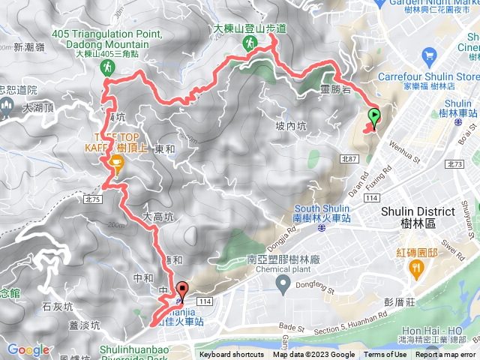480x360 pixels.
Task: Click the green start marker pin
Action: coord(373,116)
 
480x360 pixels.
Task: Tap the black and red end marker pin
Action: coord(182,289)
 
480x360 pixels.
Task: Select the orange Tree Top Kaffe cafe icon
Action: coord(115,163)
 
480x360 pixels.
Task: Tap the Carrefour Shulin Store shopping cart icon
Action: coord(429,55)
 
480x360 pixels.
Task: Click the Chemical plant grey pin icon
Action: coord(283,283)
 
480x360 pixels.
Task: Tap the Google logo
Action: coord(28,349)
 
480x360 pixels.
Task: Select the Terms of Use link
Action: coord(385,355)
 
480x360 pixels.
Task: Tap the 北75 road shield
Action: coord(93,199)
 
